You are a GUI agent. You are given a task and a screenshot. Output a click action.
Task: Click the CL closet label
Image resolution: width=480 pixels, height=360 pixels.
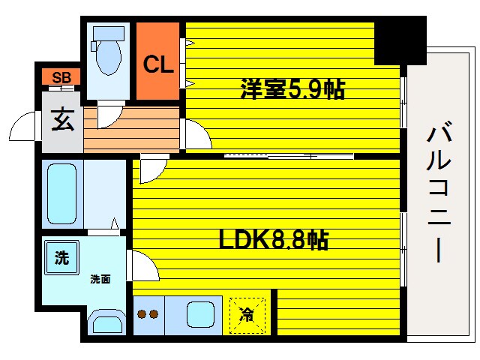tap(158, 64)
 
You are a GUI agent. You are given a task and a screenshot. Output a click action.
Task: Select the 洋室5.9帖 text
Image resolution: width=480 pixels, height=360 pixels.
tap(292, 89)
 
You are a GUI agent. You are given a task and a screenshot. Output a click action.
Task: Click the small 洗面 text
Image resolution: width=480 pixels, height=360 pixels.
tap(100, 279)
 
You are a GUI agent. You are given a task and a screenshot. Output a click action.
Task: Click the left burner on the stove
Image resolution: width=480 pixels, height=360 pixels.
tap(142, 315)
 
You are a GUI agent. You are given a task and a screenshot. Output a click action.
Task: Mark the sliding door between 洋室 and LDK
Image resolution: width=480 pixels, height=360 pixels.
tap(289, 156)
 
